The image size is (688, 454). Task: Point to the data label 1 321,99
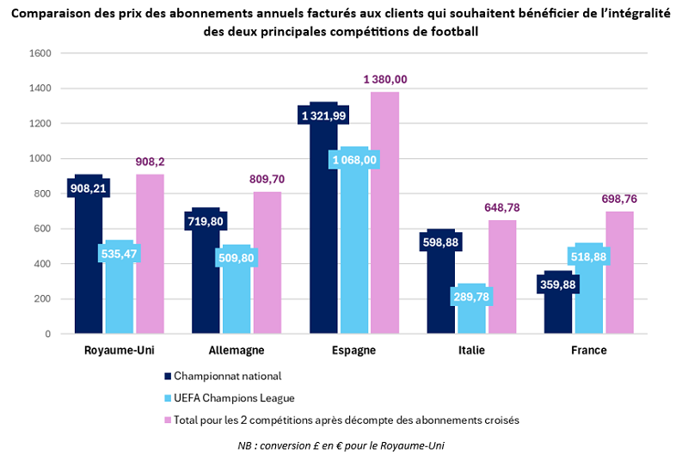click(x=323, y=115)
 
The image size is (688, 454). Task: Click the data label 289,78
click(x=472, y=296)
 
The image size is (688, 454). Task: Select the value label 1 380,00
click(x=385, y=79)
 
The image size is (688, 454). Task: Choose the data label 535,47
click(x=120, y=254)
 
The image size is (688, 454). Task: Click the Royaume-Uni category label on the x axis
click(x=119, y=350)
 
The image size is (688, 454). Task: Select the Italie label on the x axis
click(x=471, y=350)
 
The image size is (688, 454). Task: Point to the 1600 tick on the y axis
click(x=40, y=53)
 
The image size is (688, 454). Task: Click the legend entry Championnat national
click(x=227, y=376)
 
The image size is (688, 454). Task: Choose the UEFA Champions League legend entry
click(x=234, y=398)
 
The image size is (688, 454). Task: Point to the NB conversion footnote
click(x=341, y=444)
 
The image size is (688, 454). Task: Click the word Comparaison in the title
click(x=50, y=15)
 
